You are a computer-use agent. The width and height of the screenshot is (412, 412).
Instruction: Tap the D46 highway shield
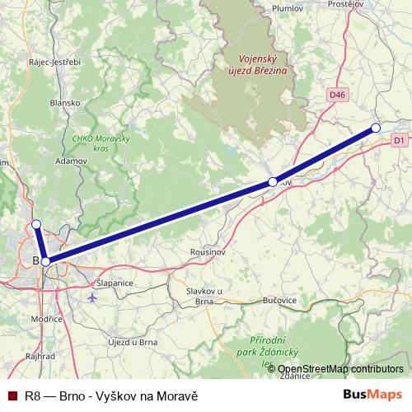[336, 96]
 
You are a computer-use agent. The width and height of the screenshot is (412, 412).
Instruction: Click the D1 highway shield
[399, 141]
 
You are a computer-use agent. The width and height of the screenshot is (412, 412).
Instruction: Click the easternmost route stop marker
[376, 128]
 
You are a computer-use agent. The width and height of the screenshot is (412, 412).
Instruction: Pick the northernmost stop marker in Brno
[35, 224]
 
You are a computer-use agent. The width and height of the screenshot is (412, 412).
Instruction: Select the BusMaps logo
[372, 395]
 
